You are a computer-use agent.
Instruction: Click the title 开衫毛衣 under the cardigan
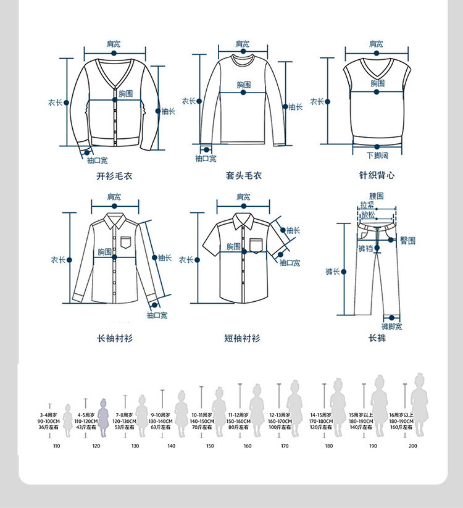pos(114,176)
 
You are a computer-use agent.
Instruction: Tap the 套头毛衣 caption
pos(243,176)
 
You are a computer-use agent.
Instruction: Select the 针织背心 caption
pos(377,176)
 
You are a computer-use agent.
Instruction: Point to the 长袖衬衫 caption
pos(114,338)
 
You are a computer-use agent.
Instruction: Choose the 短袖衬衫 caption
pos(242,338)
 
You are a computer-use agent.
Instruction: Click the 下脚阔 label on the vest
pos(377,156)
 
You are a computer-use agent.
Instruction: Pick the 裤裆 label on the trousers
pos(365,249)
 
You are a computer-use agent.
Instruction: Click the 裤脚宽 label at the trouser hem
pos(391,327)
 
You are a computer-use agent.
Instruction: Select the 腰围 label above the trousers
pos(376,196)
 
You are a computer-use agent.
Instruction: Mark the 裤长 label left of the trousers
pos(333,272)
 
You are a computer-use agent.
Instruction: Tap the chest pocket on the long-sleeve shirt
pos(127,242)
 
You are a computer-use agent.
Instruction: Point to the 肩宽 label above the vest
pos(376,44)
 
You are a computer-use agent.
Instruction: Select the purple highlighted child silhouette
pos(103,417)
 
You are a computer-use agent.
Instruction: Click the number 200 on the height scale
pos(412,446)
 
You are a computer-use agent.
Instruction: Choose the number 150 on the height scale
pos(210,446)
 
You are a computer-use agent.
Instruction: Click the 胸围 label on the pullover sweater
pos(244,85)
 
